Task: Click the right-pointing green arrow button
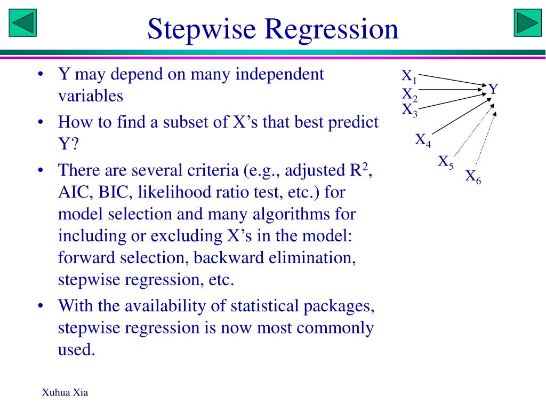point(527,23)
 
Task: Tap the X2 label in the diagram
point(409,96)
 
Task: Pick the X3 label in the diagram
point(409,111)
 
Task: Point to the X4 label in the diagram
point(423,140)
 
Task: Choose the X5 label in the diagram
point(445,162)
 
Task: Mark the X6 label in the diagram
point(473,177)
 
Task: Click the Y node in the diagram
point(493,89)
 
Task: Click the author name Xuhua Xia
point(65,393)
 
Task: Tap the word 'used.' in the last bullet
point(76,350)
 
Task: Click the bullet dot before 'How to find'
point(41,123)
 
